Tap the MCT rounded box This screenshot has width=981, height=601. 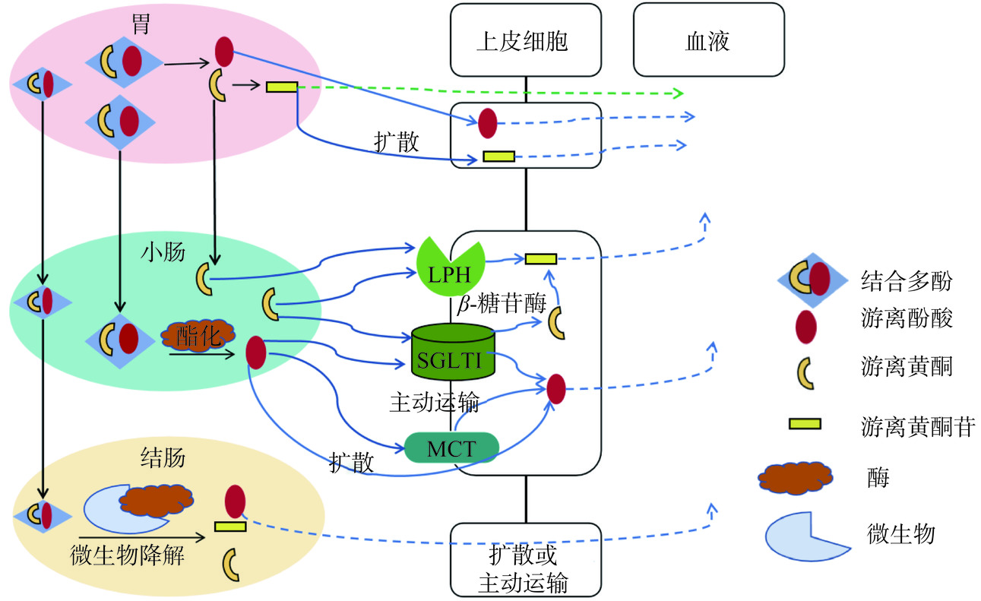pyautogui.click(x=451, y=448)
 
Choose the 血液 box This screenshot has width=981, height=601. pyautogui.click(x=708, y=40)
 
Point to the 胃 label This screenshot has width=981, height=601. pyautogui.click(x=140, y=25)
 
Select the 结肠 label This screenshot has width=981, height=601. pyautogui.click(x=163, y=458)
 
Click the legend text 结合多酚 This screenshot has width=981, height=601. pyautogui.click(x=906, y=280)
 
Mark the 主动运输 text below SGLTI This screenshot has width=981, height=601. pyautogui.click(x=434, y=401)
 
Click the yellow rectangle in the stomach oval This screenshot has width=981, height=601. pyautogui.click(x=281, y=87)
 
